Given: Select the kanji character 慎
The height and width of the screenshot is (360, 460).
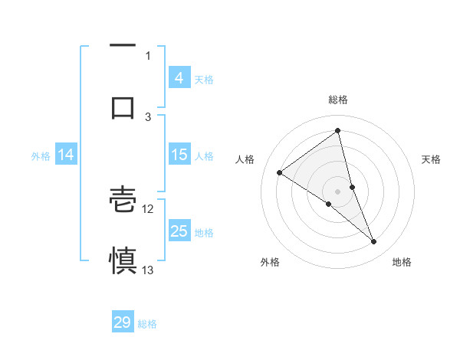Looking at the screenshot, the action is tap(123, 259).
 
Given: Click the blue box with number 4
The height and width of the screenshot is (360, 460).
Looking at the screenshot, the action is tap(179, 78).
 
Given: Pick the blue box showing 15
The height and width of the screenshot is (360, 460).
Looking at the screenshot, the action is tap(179, 155).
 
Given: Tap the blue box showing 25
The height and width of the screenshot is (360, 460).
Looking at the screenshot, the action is tap(179, 231).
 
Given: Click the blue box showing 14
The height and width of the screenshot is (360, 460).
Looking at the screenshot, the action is tap(65, 155).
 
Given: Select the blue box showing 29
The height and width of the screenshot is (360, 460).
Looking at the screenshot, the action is tap(123, 322).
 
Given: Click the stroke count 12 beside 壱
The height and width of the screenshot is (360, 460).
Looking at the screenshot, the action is tap(148, 208).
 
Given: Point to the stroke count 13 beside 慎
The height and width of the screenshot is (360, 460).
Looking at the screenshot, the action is tap(148, 270).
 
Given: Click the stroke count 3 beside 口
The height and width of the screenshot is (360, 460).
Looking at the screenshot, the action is tap(148, 116).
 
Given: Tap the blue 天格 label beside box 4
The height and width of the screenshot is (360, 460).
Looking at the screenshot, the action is tap(204, 79).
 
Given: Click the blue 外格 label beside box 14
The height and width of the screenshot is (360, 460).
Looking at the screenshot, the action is tap(41, 155).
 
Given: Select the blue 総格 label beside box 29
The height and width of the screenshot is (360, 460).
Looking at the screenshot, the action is tap(147, 324).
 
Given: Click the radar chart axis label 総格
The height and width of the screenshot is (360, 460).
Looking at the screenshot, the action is tap(337, 100).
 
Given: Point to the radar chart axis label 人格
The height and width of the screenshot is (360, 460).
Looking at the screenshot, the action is tap(245, 159).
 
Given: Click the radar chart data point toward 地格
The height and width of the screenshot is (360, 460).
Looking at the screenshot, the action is tap(374, 241).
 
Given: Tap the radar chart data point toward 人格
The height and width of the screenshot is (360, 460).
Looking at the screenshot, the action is tap(280, 172).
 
